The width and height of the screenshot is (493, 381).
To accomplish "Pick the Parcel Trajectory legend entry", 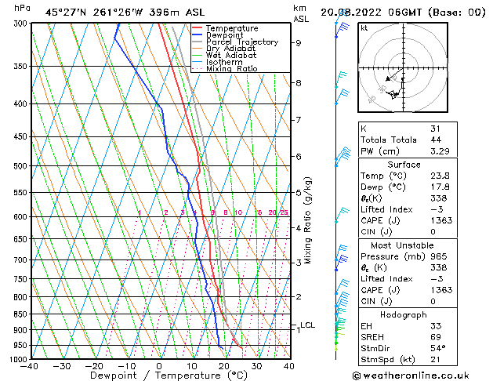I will coord(241,42).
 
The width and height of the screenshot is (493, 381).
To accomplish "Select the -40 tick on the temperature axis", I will coord(31,365).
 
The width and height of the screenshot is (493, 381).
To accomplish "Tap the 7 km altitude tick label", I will coord(298,120).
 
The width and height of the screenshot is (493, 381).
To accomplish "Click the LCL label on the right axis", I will coord(307,325).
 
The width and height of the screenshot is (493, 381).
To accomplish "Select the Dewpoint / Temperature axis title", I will coord(159,376).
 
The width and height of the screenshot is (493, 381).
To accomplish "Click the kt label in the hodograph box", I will coord(364,28).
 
